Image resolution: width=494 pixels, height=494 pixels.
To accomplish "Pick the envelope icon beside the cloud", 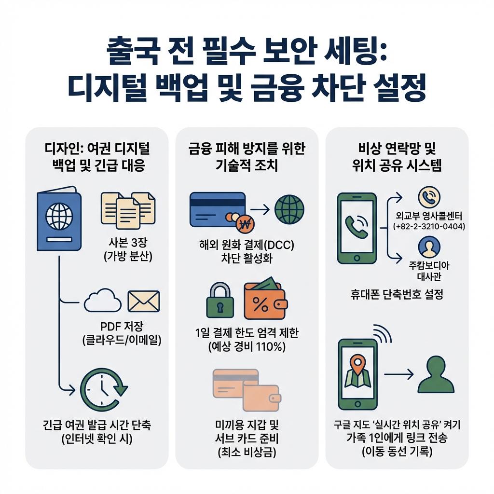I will click(143, 301).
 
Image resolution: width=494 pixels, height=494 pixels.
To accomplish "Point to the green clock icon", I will click(103, 389).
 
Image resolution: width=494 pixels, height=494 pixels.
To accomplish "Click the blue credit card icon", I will click(218, 209).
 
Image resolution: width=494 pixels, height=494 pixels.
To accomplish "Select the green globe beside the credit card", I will click(289, 209).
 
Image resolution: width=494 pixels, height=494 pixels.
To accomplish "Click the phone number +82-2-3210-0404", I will click(429, 226).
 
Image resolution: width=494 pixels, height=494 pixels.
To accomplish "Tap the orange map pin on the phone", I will click(357, 363).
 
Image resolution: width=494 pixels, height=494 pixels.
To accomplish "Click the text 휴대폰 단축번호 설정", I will click(397, 294).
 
